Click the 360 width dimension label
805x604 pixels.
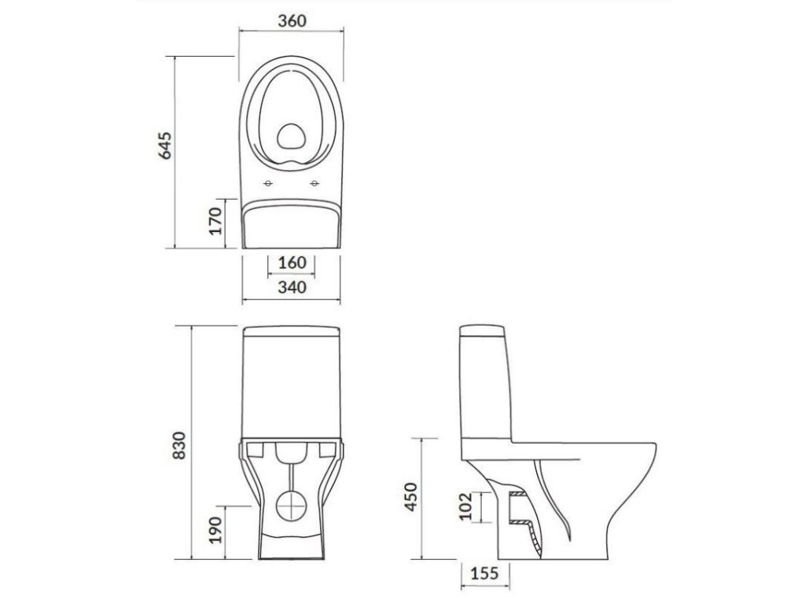[x=292, y=21]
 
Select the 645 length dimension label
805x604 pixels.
[x=164, y=145]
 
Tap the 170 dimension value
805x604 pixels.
[x=216, y=221]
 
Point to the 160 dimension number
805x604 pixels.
[x=292, y=263]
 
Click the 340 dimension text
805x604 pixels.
[x=292, y=287]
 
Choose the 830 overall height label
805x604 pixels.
[x=179, y=445]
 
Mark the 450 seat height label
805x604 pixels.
[x=410, y=497]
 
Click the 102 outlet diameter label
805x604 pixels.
[x=465, y=507]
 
